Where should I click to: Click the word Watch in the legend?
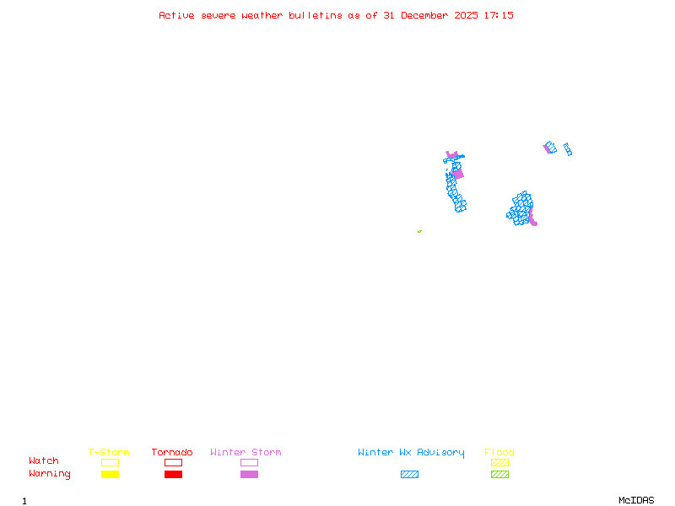[44, 461]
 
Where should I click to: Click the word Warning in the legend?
[49, 474]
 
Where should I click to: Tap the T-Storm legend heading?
[109, 453]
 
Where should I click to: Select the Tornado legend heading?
[172, 453]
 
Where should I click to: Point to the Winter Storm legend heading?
[246, 453]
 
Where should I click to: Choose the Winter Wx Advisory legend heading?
[411, 453]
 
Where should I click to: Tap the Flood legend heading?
[499, 453]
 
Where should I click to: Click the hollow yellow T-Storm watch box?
[110, 462]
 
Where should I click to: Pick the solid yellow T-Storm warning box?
[110, 474]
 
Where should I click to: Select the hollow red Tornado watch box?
[173, 462]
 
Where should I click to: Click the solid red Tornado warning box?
[173, 474]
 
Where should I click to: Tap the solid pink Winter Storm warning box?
[249, 474]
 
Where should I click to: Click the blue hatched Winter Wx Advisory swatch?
[409, 474]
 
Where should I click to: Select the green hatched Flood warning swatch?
[499, 474]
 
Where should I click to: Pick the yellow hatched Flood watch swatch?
[499, 462]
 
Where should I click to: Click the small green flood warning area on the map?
[419, 231]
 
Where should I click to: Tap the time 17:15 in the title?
[500, 15]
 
